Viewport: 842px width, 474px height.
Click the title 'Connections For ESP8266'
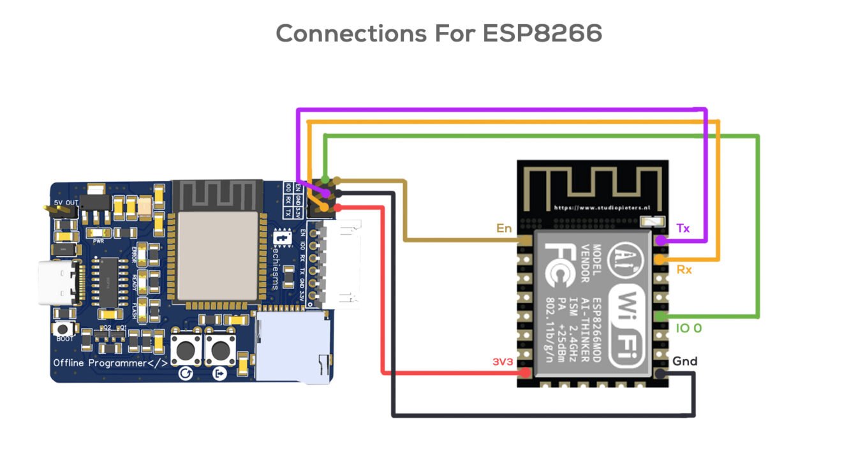[439, 33]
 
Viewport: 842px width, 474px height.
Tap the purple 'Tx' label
[683, 228]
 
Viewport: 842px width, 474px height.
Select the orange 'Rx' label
[684, 270]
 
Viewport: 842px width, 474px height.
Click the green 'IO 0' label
[688, 328]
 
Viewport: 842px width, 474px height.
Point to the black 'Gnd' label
[684, 361]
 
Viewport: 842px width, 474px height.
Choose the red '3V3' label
[502, 361]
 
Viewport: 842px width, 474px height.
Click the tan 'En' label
[504, 228]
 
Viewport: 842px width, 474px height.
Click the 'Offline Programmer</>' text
[110, 363]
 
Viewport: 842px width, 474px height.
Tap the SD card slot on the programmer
[293, 348]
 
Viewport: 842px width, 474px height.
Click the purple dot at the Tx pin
[661, 241]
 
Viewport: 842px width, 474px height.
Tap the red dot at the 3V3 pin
[524, 373]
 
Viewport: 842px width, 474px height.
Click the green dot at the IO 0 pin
[661, 316]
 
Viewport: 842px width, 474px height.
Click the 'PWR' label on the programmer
[99, 242]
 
